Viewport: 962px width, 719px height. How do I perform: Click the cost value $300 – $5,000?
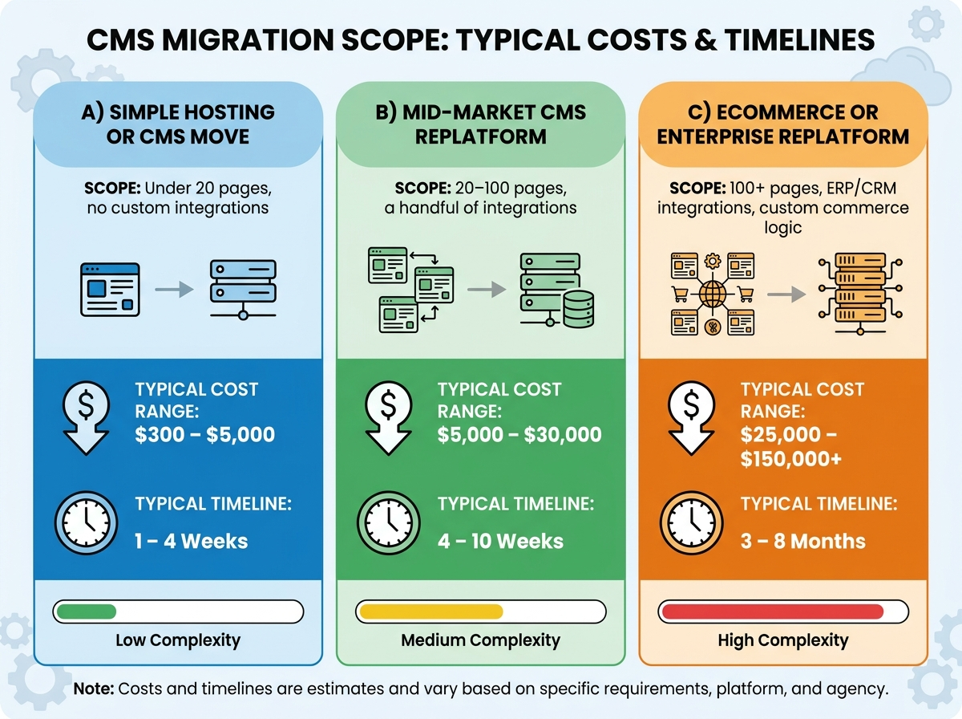(x=204, y=434)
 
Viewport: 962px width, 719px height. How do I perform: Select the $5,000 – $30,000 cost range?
(x=519, y=434)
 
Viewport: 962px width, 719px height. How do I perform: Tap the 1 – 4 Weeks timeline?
(x=191, y=541)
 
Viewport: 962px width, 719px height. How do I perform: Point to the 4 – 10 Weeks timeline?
(x=500, y=541)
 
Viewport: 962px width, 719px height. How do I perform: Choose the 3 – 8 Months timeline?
(x=803, y=541)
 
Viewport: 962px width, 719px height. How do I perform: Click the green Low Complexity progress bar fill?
(x=87, y=611)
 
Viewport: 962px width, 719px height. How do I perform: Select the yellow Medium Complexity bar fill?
(x=431, y=611)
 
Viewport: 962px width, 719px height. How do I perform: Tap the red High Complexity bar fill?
(x=773, y=611)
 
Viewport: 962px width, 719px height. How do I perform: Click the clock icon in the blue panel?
(x=86, y=522)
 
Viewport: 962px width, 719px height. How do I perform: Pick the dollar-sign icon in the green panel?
(x=388, y=417)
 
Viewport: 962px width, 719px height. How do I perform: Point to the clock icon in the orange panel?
(x=691, y=522)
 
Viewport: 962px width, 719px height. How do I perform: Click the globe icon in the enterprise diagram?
(x=712, y=294)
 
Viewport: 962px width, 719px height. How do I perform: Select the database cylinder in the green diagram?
(x=579, y=309)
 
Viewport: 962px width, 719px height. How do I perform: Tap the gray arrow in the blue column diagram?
(x=174, y=290)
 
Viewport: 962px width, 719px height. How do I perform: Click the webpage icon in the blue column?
(x=110, y=290)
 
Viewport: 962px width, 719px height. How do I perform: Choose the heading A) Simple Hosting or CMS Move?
(x=178, y=124)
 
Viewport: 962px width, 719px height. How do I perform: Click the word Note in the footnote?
(x=94, y=689)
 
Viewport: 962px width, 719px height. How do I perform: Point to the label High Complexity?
(x=782, y=640)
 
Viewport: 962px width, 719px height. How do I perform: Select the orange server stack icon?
(x=860, y=294)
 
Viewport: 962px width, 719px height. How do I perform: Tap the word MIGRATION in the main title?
(x=248, y=39)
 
